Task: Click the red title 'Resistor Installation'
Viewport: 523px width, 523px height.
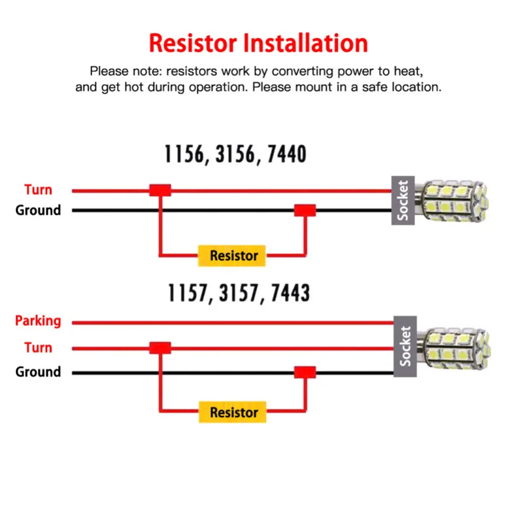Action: [x=258, y=43]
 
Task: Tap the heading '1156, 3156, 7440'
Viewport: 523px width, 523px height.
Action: [x=235, y=154]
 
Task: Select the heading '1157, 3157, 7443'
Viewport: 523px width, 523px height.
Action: [x=239, y=293]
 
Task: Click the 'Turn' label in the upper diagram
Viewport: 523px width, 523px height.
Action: [x=39, y=190]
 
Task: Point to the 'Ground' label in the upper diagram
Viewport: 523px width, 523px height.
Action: [x=38, y=210]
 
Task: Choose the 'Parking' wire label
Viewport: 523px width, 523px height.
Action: [x=38, y=321]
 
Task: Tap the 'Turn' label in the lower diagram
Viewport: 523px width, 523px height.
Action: [x=39, y=348]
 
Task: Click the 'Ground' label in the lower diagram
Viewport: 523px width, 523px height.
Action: [x=38, y=371]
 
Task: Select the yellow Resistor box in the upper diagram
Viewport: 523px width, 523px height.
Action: [x=232, y=256]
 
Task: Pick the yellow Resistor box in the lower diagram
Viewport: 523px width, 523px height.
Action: [x=233, y=413]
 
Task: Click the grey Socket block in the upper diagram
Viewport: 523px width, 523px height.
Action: [x=403, y=201]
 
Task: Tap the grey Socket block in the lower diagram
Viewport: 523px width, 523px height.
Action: [x=405, y=346]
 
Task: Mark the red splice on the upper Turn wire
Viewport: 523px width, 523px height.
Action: [x=160, y=190]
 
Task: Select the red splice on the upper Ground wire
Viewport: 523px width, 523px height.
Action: [x=305, y=211]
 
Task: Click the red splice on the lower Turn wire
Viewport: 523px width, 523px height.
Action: [x=160, y=348]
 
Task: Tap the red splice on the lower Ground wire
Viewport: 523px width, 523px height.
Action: [x=305, y=372]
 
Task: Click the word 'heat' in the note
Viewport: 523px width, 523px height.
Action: [x=409, y=71]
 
